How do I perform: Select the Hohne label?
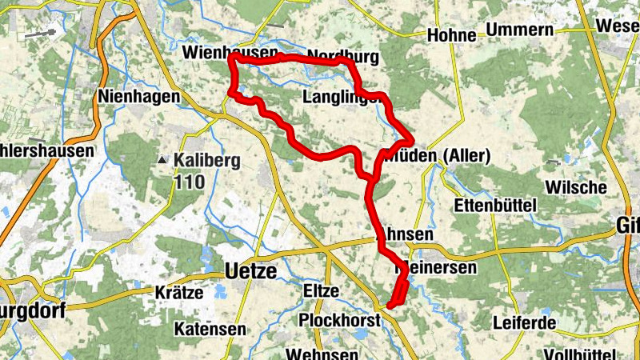click(x=452, y=35)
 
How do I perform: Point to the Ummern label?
click(x=525, y=30)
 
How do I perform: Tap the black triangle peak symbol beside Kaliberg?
click(x=163, y=160)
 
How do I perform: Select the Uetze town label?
click(x=251, y=272)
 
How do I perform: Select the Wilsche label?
click(x=575, y=187)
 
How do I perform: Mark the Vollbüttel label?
click(x=585, y=354)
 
